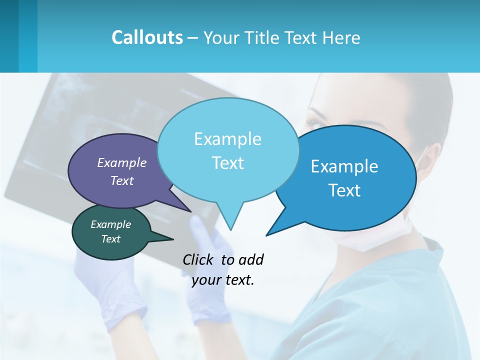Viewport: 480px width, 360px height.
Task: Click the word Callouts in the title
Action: click(147, 37)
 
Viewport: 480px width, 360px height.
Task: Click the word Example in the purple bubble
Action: click(121, 162)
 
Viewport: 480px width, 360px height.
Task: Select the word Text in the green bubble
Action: click(110, 239)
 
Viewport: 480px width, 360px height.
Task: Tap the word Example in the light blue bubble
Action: click(227, 139)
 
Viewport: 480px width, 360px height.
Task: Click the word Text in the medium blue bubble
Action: click(345, 190)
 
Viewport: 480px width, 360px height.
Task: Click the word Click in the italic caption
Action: click(199, 259)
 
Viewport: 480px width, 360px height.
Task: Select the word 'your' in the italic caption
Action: click(205, 280)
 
